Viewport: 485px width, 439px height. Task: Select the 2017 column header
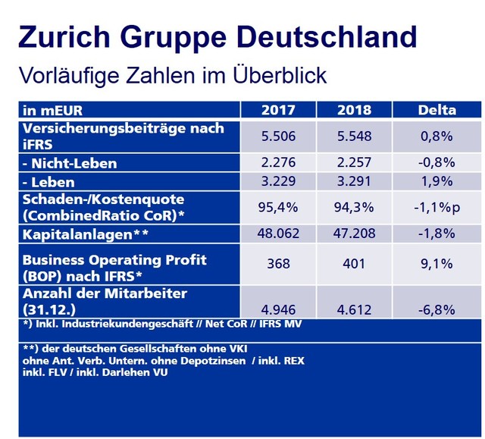tap(278, 110)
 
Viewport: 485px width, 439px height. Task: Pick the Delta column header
tap(436, 110)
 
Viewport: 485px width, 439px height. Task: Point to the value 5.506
tap(278, 136)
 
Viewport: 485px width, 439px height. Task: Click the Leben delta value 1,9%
tap(436, 180)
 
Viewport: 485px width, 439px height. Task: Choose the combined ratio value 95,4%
tap(278, 207)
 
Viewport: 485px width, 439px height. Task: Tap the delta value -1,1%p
tap(436, 207)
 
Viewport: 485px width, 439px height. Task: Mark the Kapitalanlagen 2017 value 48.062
tap(278, 234)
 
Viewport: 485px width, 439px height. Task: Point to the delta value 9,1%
tap(436, 265)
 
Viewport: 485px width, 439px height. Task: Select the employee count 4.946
tap(278, 309)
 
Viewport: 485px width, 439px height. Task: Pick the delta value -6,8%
tap(436, 309)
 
